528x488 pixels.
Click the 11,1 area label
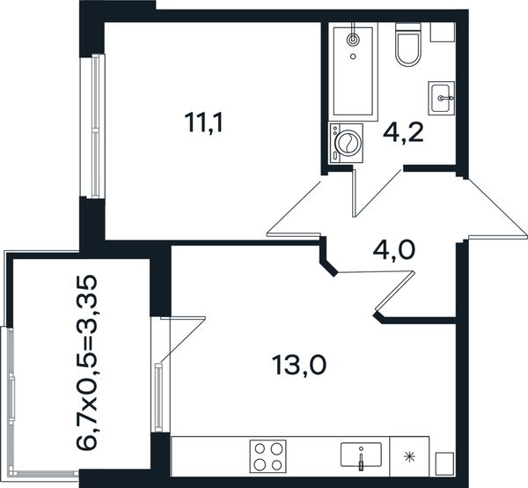pyautogui.click(x=204, y=122)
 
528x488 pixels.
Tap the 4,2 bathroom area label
pyautogui.click(x=403, y=133)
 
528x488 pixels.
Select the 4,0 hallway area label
pyautogui.click(x=394, y=251)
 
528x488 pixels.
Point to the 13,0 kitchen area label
pyautogui.click(x=299, y=366)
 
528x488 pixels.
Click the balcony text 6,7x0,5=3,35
pyautogui.click(x=87, y=363)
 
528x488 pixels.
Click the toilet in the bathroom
pyautogui.click(x=408, y=45)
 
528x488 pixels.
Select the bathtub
pyautogui.click(x=353, y=71)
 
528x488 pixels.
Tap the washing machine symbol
pyautogui.click(x=346, y=144)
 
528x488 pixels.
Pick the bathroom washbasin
pyautogui.click(x=441, y=98)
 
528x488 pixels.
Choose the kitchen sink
pyautogui.click(x=361, y=455)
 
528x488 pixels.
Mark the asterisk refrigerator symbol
pyautogui.click(x=409, y=457)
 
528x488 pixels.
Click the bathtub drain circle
pyautogui.click(x=353, y=56)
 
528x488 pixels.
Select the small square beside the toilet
pyautogui.click(x=443, y=33)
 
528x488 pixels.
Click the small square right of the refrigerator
pyautogui.click(x=444, y=464)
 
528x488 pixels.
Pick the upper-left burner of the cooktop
pyautogui.click(x=260, y=449)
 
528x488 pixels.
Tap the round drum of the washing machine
pyautogui.click(x=348, y=143)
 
